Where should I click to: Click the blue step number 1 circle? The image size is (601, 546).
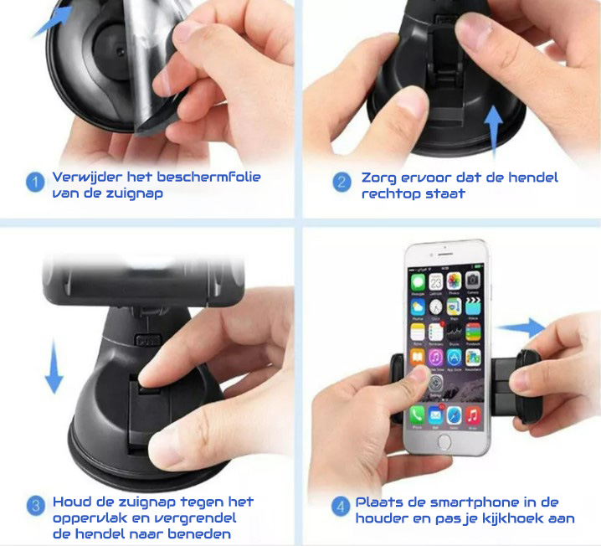point(35,182)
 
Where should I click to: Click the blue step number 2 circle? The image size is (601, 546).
point(342,182)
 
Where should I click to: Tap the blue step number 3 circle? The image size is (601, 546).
point(36,506)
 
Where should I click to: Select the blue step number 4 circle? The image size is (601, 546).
point(341,507)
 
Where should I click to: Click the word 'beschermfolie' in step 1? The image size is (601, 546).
point(209,177)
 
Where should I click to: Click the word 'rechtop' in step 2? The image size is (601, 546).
point(392,193)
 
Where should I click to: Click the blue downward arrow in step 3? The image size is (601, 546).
point(54,367)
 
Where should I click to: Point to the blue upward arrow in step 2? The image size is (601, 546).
point(493,132)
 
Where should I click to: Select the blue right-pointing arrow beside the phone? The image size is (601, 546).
point(521,327)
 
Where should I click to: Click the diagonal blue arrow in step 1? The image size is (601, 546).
point(52,23)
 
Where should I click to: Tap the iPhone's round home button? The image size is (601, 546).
point(444,440)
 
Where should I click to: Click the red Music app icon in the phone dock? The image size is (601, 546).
point(474,415)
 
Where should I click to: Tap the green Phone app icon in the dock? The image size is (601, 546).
point(417,415)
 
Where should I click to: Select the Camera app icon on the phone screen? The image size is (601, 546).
point(473,281)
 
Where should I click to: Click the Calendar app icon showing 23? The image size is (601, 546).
point(436,282)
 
